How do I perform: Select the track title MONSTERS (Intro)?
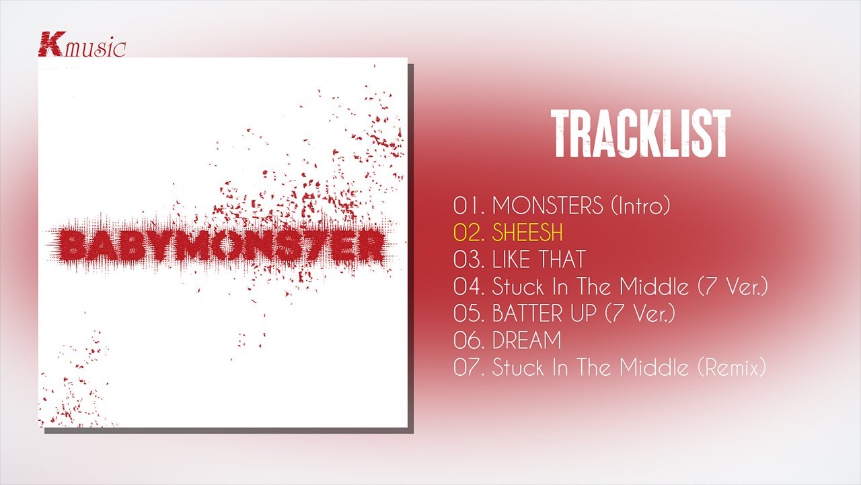581,205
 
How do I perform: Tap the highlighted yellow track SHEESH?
527,232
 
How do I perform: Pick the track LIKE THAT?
539,259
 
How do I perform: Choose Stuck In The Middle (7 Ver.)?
630,286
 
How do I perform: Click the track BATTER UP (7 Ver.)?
583,313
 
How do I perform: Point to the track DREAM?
527,340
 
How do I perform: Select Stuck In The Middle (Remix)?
629,367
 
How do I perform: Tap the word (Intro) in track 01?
640,205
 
